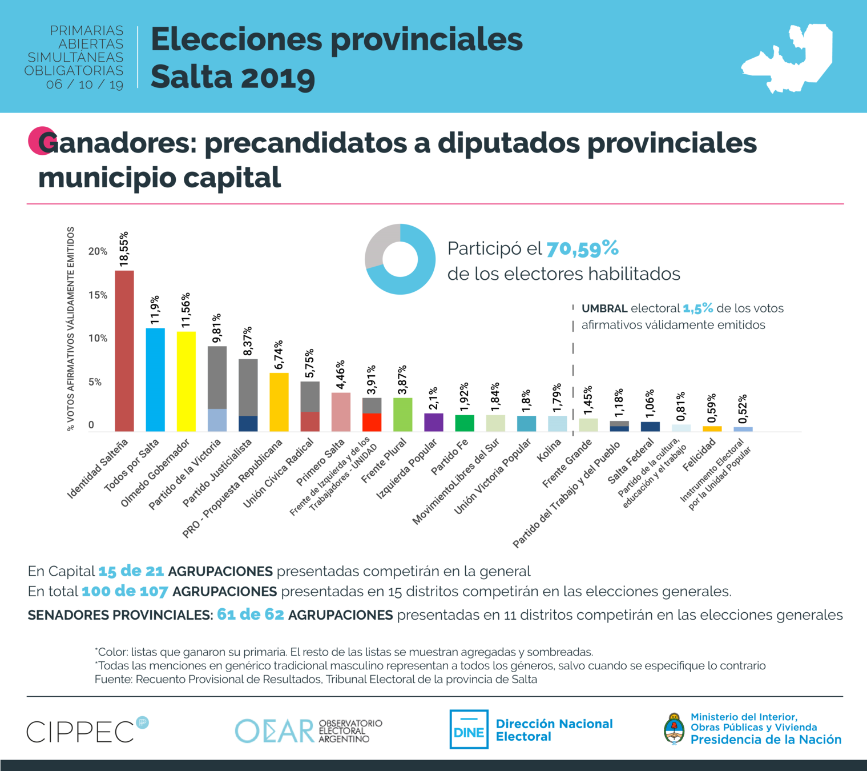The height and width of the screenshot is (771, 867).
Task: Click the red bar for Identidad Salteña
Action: tap(124, 351)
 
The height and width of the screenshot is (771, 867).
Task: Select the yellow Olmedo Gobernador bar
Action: tap(186, 381)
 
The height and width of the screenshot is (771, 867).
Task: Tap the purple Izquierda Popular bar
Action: tap(434, 422)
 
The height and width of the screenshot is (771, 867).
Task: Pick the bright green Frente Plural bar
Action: tap(403, 415)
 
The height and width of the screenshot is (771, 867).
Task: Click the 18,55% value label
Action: tap(124, 249)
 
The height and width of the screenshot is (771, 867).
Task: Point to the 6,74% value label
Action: tap(279, 355)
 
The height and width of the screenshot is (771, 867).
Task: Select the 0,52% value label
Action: tap(743, 409)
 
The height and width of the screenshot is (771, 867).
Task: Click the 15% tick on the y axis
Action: tap(98, 295)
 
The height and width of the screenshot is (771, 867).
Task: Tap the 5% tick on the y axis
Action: tap(95, 382)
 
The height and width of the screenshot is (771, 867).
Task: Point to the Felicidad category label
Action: tap(699, 455)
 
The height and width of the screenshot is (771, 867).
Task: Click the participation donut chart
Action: tap(400, 259)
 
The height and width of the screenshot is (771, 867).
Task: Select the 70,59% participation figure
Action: tap(582, 249)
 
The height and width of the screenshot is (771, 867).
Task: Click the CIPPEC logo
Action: tap(80, 732)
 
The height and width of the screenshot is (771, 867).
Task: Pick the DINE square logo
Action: tap(469, 729)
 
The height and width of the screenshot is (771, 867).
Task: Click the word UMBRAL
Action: tap(604, 309)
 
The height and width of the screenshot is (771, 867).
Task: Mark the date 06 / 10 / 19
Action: tap(84, 85)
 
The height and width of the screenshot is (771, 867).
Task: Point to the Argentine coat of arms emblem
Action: tap(674, 729)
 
